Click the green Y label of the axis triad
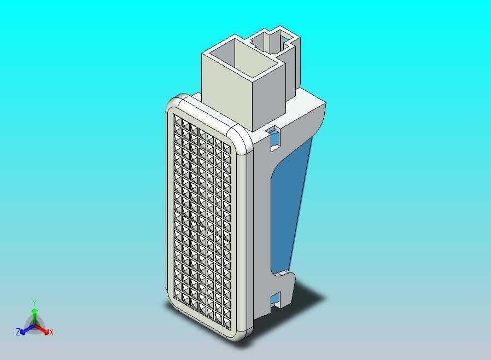[34, 303]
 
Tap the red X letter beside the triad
[51, 332]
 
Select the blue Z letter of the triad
[18, 332]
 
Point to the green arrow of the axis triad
[34, 315]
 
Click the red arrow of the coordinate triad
[44, 329]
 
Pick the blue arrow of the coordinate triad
[25, 329]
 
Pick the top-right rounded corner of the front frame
[241, 137]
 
